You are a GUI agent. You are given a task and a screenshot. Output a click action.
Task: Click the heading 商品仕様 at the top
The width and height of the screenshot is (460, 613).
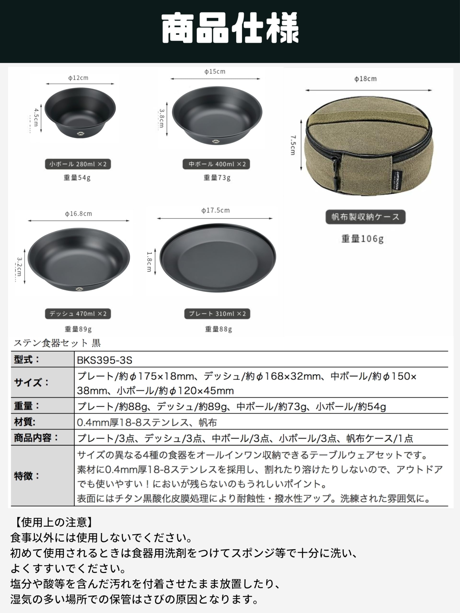[230, 28]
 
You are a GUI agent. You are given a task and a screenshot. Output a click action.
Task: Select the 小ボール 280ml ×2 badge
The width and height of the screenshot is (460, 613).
[78, 164]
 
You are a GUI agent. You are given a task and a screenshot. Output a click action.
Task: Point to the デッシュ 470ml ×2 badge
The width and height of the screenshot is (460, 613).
[78, 314]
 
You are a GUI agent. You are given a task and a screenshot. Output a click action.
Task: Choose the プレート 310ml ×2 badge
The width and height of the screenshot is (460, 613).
[217, 314]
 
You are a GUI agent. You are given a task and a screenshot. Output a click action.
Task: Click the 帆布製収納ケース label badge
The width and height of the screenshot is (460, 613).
[365, 217]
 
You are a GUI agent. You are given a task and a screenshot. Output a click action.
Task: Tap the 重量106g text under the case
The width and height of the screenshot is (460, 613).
[362, 238]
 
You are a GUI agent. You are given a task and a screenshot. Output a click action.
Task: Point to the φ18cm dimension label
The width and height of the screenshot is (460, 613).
[365, 79]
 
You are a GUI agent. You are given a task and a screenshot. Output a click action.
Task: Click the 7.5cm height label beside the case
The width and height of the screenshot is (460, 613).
[293, 145]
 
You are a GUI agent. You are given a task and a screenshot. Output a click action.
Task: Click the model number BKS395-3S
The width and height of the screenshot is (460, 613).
[104, 360]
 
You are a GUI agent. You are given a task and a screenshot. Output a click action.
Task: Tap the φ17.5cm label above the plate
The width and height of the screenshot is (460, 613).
[215, 210]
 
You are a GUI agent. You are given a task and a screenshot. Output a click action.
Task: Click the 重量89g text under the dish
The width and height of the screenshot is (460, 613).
[78, 329]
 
